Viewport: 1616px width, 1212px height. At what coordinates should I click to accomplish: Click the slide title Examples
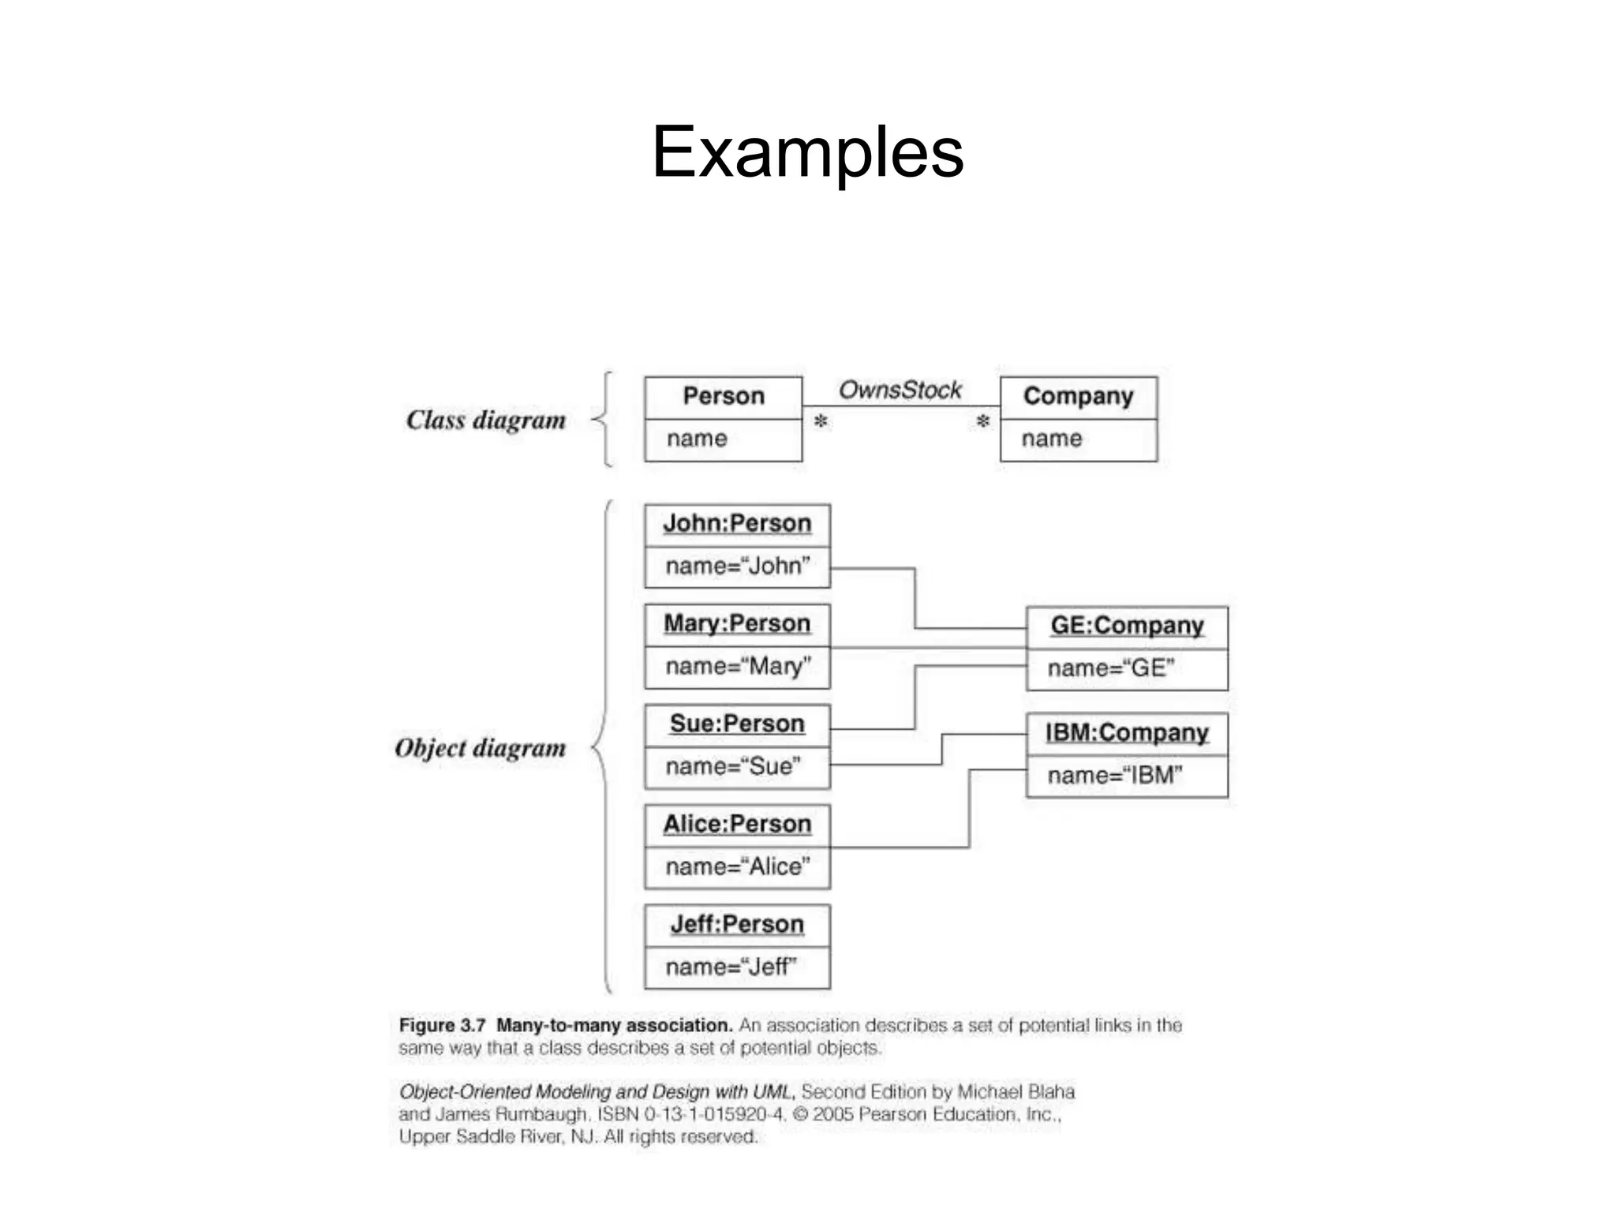pyautogui.click(x=807, y=151)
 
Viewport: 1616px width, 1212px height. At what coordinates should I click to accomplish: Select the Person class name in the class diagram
pyautogui.click(x=723, y=396)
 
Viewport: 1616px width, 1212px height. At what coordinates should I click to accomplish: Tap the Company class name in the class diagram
pyautogui.click(x=1078, y=396)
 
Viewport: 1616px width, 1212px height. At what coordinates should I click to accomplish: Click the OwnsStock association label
pyautogui.click(x=900, y=390)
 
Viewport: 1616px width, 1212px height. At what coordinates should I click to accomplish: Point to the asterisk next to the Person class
pyautogui.click(x=821, y=421)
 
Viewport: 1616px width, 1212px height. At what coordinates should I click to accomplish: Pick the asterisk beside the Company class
pyautogui.click(x=982, y=421)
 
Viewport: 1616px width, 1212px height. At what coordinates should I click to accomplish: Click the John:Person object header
pyautogui.click(x=737, y=524)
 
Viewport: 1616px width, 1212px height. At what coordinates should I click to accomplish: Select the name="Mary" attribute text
pyautogui.click(x=737, y=667)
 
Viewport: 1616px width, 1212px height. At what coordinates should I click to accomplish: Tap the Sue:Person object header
pyautogui.click(x=737, y=724)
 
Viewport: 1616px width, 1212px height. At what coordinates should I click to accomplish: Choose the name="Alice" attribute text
pyautogui.click(x=737, y=867)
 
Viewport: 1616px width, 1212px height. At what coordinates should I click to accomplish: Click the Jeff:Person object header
pyautogui.click(x=737, y=925)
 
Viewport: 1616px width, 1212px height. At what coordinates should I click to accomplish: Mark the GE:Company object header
pyautogui.click(x=1127, y=627)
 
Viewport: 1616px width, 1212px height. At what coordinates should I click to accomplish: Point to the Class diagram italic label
pyautogui.click(x=486, y=421)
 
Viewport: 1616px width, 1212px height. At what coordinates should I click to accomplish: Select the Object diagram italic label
pyautogui.click(x=481, y=748)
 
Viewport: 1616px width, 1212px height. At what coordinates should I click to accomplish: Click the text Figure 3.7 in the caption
pyautogui.click(x=442, y=1026)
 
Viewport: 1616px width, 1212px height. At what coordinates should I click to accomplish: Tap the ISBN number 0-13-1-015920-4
pyautogui.click(x=714, y=1115)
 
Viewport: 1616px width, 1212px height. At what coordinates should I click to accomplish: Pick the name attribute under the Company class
pyautogui.click(x=1052, y=439)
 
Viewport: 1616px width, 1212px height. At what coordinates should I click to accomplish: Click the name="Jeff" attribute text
pyautogui.click(x=731, y=967)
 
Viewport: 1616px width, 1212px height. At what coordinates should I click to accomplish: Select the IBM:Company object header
pyautogui.click(x=1127, y=734)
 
